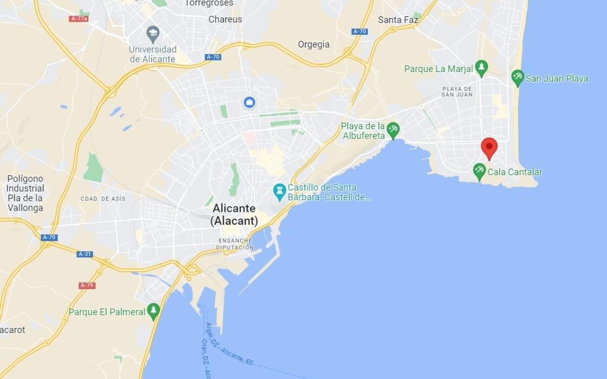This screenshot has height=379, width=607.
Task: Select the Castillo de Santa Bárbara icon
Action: point(280,191)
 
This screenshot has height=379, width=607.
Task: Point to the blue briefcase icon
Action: point(249,102)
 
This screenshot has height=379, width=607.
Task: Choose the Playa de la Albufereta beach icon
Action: point(393,130)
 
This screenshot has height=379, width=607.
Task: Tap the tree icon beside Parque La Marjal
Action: point(481,68)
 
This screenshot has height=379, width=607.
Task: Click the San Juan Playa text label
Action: point(557,79)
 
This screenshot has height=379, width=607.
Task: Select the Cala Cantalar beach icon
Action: point(479,172)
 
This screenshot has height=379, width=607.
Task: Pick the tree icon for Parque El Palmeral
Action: point(154,311)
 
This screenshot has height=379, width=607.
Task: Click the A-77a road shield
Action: point(79,18)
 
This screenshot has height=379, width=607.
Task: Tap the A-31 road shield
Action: point(85,254)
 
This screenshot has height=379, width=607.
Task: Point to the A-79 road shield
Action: point(87,285)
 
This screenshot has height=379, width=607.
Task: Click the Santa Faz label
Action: point(398,19)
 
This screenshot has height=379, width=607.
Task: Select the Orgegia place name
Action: point(314,44)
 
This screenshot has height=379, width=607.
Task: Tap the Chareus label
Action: point(225,19)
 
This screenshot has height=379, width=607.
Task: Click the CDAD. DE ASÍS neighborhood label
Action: point(103,199)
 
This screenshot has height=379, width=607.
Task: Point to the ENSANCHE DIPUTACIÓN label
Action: point(236,244)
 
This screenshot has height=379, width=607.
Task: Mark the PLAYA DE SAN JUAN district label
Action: point(457,92)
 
